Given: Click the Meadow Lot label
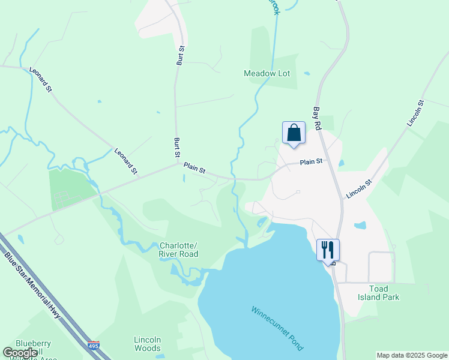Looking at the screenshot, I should coord(267,73).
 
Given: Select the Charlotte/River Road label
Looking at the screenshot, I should coord(179,250).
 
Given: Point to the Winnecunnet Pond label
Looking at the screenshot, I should coord(277,329).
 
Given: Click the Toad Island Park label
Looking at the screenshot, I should coord(376,293).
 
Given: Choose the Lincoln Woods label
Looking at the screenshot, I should coord(147,344).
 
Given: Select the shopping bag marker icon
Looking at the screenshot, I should coord(294,132).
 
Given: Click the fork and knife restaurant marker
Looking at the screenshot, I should coord(328,249).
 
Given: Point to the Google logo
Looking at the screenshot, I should coord(20,353).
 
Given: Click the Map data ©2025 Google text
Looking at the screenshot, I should coord(412,355).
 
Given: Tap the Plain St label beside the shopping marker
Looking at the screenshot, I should coord(311,161).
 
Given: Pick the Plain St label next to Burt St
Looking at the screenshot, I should coord(194,169).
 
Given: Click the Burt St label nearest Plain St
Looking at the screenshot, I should coord(178,147).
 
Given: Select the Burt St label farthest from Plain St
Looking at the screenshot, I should coord(179,55).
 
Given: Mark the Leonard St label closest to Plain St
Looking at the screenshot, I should coord(126,162).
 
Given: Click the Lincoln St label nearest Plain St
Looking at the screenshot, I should coord(360,188).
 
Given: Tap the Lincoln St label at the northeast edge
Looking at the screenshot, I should coord(415,113).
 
